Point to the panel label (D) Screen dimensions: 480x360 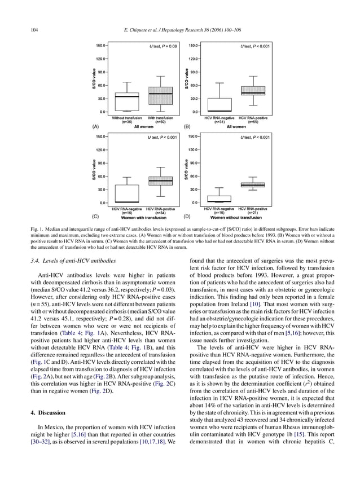pos(188,216)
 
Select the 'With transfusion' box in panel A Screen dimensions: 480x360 pos(160,95)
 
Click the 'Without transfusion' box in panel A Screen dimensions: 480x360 pos(127,102)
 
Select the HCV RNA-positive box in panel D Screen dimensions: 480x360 pos(253,184)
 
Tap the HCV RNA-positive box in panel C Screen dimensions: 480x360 pos(160,181)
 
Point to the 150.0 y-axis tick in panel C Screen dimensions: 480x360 pos(102,136)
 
